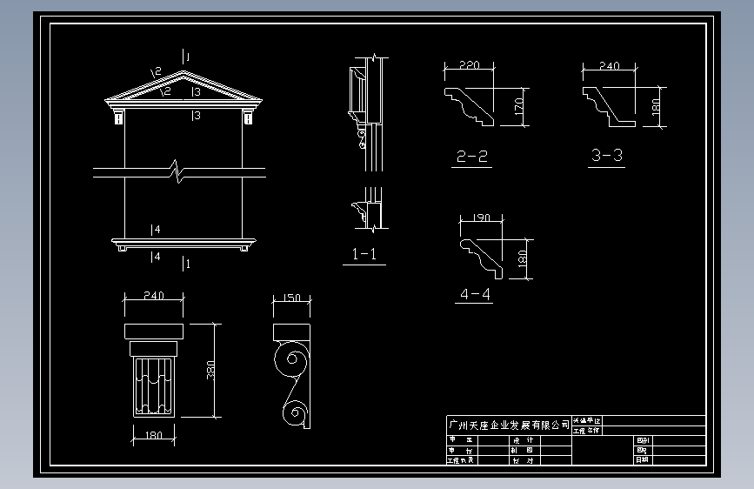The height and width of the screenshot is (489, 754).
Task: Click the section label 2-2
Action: (x=472, y=157)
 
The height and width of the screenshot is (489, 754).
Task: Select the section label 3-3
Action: (x=606, y=156)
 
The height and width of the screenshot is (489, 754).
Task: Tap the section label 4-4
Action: (x=474, y=294)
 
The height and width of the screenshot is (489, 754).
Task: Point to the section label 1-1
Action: (x=364, y=254)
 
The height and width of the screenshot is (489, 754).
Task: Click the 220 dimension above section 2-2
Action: (x=468, y=65)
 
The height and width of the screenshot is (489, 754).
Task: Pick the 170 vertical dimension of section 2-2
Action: (x=518, y=106)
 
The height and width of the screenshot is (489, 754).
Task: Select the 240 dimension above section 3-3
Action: (x=610, y=65)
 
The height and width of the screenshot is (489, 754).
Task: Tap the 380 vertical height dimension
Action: (x=210, y=369)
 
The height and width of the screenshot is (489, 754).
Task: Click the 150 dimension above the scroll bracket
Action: (x=292, y=298)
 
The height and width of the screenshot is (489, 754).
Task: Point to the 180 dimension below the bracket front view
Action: (x=154, y=436)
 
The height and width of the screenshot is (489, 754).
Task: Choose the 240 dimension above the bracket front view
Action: (x=153, y=296)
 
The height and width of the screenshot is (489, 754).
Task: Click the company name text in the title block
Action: (x=508, y=425)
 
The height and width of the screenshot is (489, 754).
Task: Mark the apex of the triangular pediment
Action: (x=183, y=71)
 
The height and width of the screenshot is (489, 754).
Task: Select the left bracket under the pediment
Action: (x=117, y=117)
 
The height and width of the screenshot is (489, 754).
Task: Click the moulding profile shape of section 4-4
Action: (x=481, y=251)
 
